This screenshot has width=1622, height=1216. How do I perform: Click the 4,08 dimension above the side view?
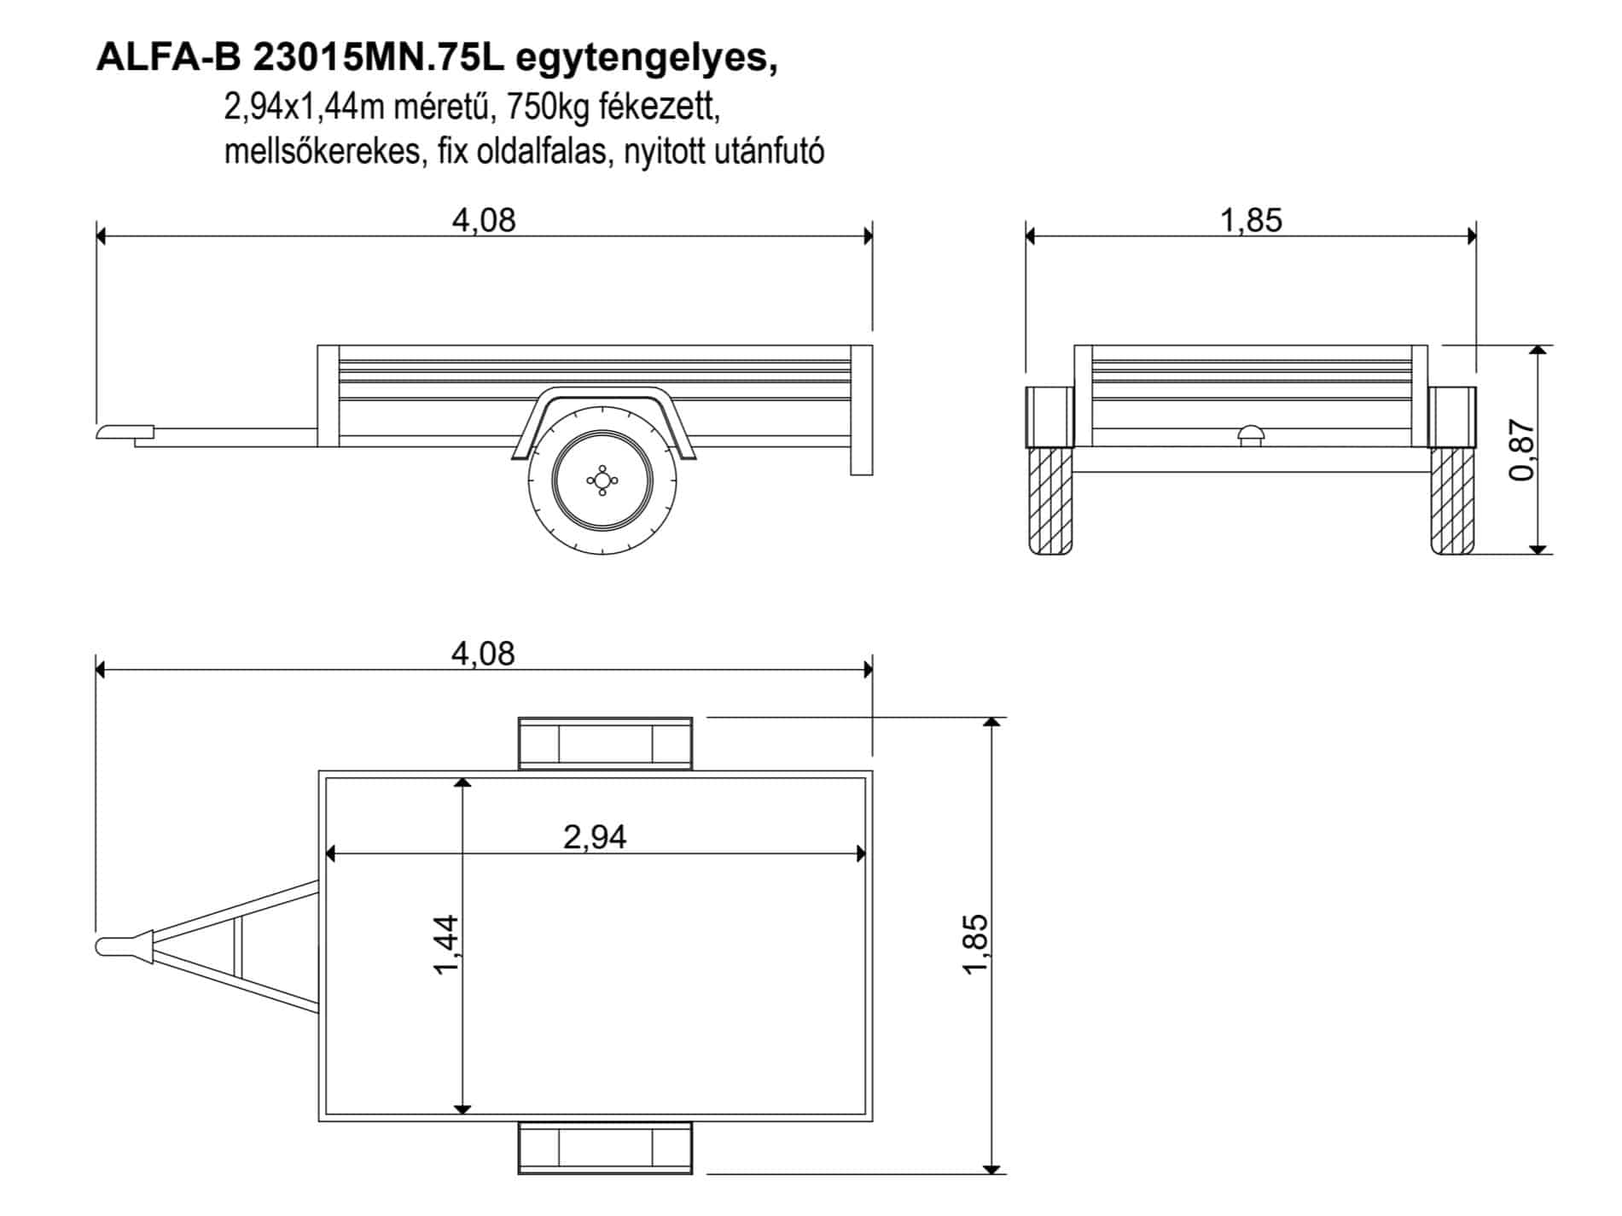pos(484,220)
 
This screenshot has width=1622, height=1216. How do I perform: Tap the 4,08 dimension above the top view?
pos(483,654)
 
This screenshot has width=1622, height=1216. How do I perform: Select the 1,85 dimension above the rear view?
pos(1251,220)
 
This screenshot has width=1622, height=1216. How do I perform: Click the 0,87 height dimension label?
pos(1523,451)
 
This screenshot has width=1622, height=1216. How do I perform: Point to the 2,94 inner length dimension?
pos(595,837)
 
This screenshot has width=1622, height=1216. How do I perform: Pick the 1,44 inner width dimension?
pos(447,945)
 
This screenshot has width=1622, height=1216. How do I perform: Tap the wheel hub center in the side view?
pos(602,480)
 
